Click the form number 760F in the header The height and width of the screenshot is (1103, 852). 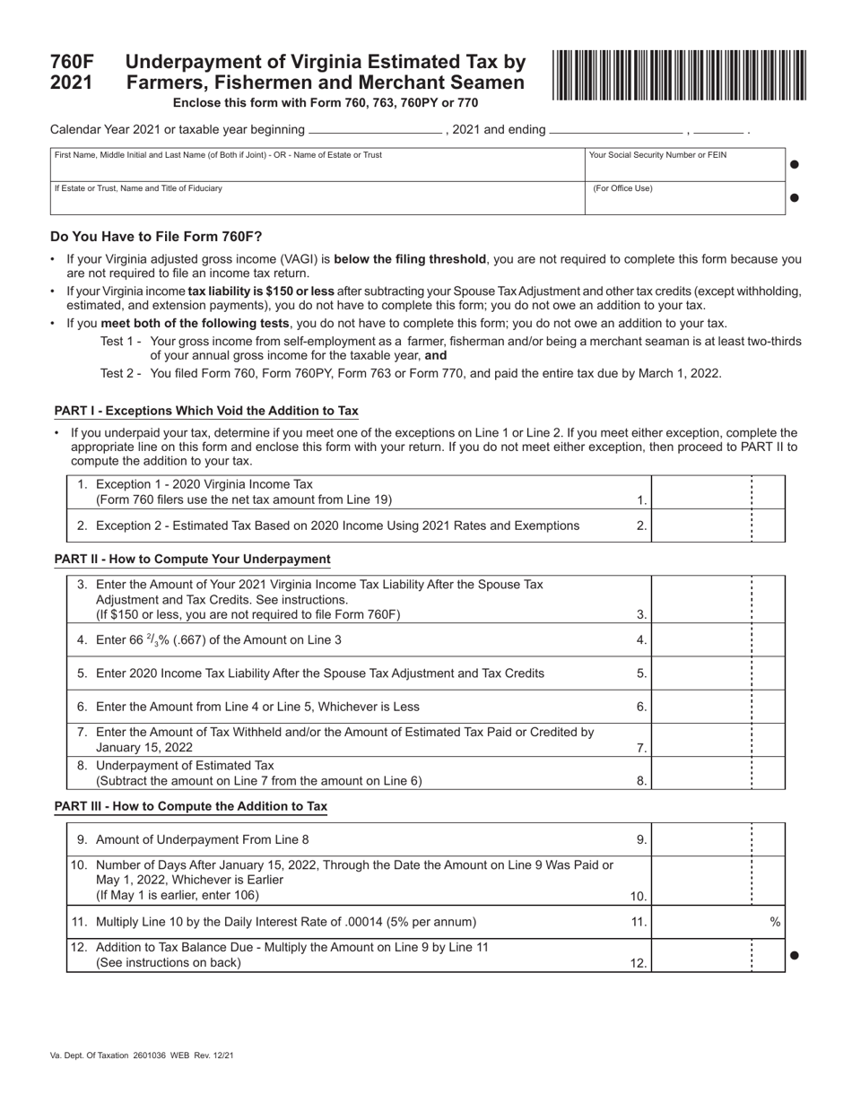(x=72, y=62)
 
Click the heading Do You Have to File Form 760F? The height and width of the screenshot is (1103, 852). (x=156, y=237)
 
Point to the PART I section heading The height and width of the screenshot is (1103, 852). (x=206, y=411)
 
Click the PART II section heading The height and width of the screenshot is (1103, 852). (x=192, y=559)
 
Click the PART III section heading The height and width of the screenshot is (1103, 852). (x=190, y=806)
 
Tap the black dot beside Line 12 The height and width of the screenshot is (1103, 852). (x=794, y=955)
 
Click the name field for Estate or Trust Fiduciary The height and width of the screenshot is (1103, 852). (x=317, y=198)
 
